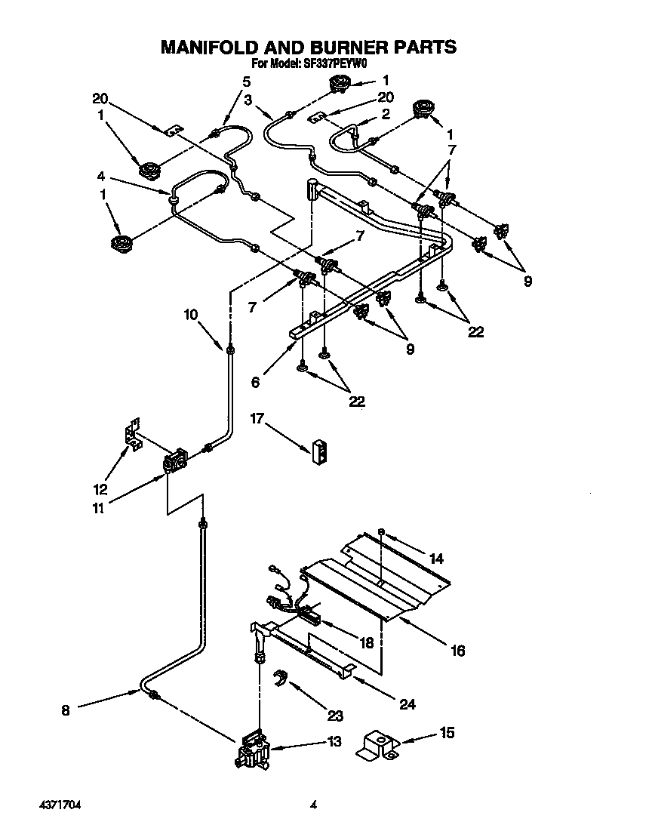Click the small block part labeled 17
click(319, 449)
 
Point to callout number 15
click(447, 732)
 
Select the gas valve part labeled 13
click(254, 751)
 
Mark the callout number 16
click(459, 650)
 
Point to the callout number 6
click(256, 383)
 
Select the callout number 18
click(367, 643)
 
